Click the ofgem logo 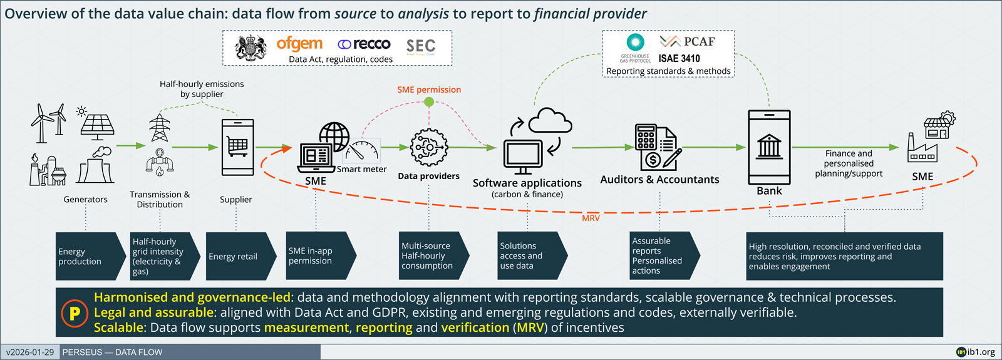pyautogui.click(x=299, y=44)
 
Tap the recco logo pyautogui.click(x=364, y=44)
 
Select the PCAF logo pyautogui.click(x=687, y=41)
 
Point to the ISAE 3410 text pyautogui.click(x=679, y=58)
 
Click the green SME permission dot pyautogui.click(x=429, y=101)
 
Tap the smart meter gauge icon pyautogui.click(x=363, y=150)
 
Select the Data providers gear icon pyautogui.click(x=429, y=148)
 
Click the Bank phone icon pyautogui.click(x=769, y=147)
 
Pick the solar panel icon pyautogui.click(x=97, y=125)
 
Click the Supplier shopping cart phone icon pyautogui.click(x=237, y=147)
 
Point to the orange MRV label pyautogui.click(x=591, y=218)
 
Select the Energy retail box pyautogui.click(x=237, y=256)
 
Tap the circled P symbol pyautogui.click(x=75, y=312)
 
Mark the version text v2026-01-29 pyautogui.click(x=30, y=352)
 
